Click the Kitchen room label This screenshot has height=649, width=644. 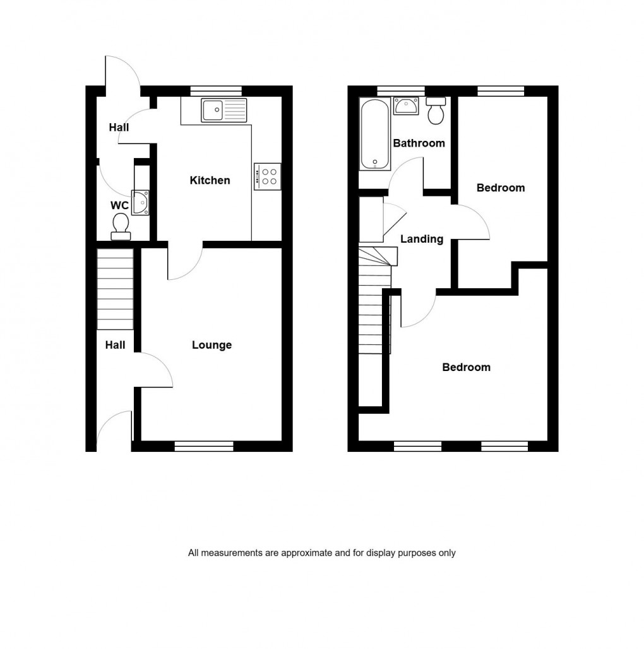pyautogui.click(x=210, y=181)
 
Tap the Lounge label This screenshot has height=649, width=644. pyautogui.click(x=212, y=345)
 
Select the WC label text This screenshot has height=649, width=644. pyautogui.click(x=119, y=205)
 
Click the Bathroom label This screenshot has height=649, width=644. pyautogui.click(x=419, y=143)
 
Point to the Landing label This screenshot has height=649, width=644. pyautogui.click(x=422, y=239)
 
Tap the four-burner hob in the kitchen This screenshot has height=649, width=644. pyautogui.click(x=268, y=176)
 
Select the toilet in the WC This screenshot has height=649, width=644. pyautogui.click(x=120, y=227)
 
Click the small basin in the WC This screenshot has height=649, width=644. pyautogui.click(x=140, y=202)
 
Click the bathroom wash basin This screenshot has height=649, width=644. pyautogui.click(x=405, y=106)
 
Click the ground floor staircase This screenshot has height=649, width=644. pyautogui.click(x=115, y=289)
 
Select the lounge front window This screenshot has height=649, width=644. pyautogui.click(x=204, y=446)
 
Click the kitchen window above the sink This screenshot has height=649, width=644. pyautogui.click(x=216, y=90)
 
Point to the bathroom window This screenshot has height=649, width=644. pyautogui.click(x=401, y=90)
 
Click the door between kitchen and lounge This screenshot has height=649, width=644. pyautogui.click(x=184, y=260)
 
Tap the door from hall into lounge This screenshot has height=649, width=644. pyautogui.click(x=155, y=370)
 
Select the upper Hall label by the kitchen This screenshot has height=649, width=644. pyautogui.click(x=119, y=128)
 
